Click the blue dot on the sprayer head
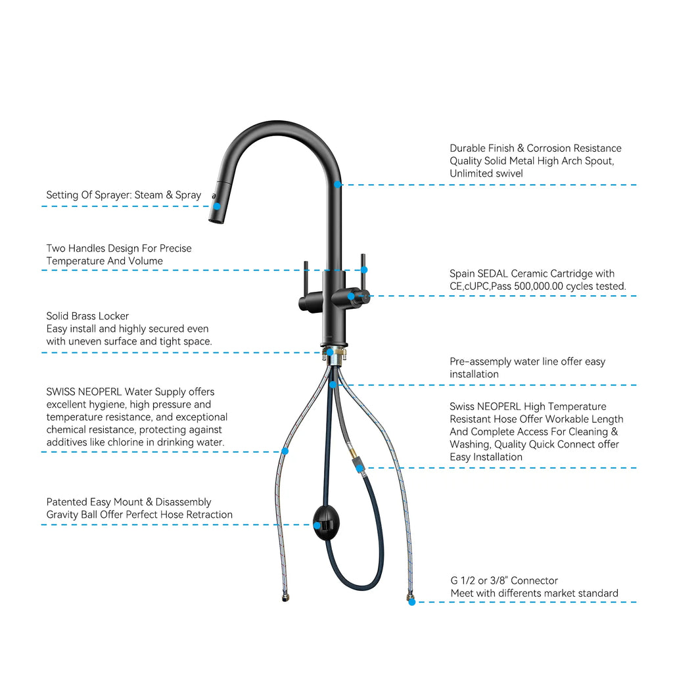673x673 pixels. point(216,206)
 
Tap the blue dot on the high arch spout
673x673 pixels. point(337,185)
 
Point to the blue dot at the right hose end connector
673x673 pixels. point(411,602)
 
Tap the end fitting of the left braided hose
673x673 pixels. point(284,597)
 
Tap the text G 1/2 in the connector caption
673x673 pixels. point(463,581)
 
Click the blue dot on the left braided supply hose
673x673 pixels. point(285,452)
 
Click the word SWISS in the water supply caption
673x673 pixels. point(62,392)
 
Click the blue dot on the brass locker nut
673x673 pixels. point(330,353)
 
